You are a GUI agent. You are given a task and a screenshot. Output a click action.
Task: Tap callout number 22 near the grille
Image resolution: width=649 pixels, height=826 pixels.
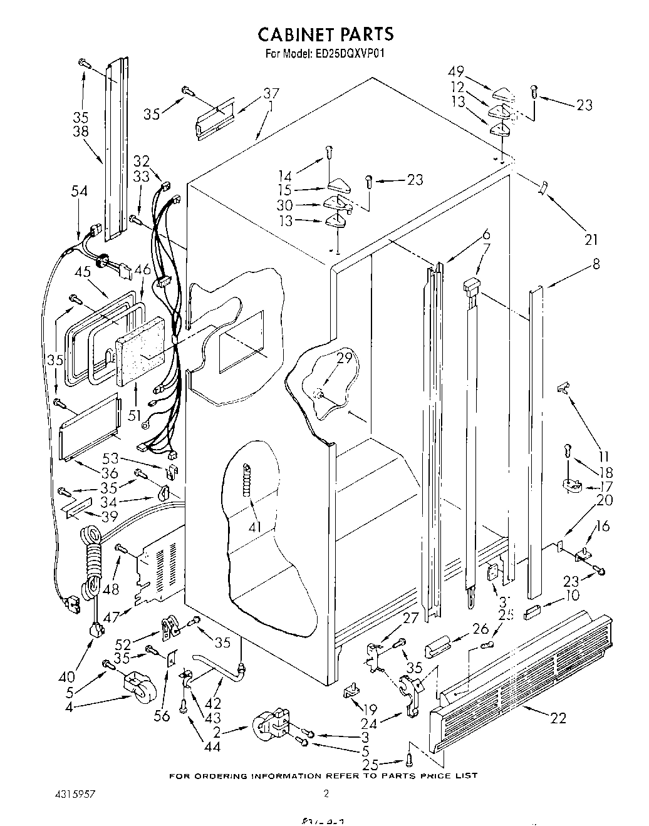[x=557, y=719]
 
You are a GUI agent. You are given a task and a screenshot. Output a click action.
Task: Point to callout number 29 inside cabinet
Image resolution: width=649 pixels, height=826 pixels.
[x=344, y=359]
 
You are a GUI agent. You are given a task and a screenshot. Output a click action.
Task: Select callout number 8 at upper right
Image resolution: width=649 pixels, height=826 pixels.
[x=596, y=264]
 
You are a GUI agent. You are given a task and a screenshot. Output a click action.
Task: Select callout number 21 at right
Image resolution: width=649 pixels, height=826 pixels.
[x=591, y=239]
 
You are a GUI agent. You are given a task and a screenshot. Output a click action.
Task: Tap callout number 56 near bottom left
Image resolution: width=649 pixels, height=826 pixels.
[x=162, y=715]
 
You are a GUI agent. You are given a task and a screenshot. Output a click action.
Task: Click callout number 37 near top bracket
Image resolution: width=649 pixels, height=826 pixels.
[x=271, y=95]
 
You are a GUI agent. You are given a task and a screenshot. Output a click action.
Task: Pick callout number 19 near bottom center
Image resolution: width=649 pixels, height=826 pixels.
[x=370, y=710]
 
